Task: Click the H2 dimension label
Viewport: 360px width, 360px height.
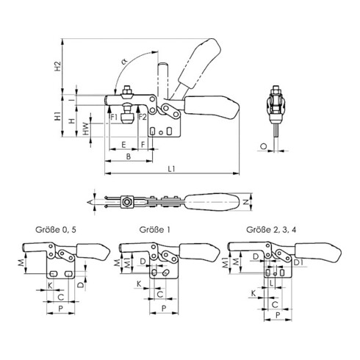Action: (57, 66)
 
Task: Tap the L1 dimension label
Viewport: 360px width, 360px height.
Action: (171, 169)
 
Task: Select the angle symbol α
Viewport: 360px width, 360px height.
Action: (124, 61)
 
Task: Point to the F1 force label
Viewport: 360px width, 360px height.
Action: (114, 118)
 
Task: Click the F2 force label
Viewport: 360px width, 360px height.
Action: (143, 118)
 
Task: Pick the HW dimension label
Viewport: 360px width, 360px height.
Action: (85, 129)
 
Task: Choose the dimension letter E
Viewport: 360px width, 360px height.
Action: (123, 145)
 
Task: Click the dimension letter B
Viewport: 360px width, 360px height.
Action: (129, 156)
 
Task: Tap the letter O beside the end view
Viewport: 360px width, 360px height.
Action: (264, 146)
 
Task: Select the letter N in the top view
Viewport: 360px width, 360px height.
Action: (247, 202)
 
